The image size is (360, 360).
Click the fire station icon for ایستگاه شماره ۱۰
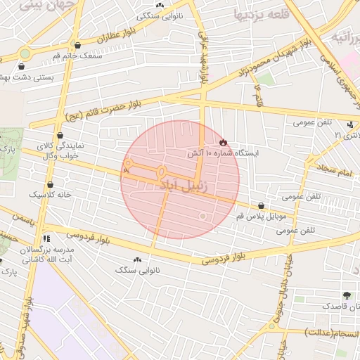[224, 142]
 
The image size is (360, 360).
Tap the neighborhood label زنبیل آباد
[184, 186]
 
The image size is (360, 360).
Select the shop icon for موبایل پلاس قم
[262, 205]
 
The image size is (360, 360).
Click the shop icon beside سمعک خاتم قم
[77, 45]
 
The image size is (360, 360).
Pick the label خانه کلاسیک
[45, 193]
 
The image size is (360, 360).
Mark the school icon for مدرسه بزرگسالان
[47, 238]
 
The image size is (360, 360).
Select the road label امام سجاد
[323, 169]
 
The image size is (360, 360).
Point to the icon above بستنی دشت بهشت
[19, 66]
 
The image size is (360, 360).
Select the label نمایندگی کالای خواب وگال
[60, 150]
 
